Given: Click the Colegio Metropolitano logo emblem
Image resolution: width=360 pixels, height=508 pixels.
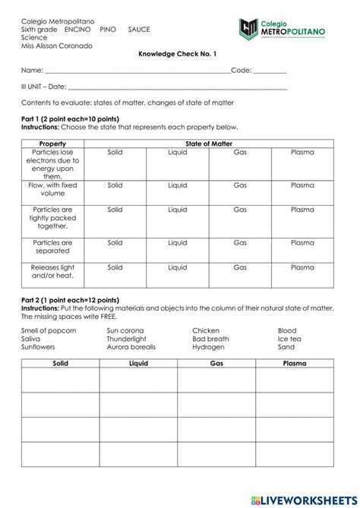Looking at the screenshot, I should click(x=248, y=30).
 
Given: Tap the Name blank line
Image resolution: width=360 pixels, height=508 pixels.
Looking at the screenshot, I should click(x=137, y=72).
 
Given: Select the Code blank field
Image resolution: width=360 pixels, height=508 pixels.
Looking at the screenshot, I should click(x=270, y=72).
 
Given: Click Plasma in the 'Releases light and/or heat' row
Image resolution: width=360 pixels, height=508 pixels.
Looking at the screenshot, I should click(x=302, y=267).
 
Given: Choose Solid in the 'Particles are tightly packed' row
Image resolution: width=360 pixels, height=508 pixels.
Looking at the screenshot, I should click(x=115, y=209).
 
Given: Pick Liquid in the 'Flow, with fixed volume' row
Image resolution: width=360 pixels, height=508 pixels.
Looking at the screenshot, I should click(x=178, y=185).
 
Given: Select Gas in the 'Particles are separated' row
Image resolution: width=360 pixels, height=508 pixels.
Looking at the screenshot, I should click(x=240, y=243).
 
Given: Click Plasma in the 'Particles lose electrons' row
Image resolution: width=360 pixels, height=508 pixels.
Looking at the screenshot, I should click(x=302, y=153).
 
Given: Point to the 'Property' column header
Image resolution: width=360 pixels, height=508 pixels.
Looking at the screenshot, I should click(x=52, y=144).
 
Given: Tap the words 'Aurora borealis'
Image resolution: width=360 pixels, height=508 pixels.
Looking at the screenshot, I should click(x=131, y=346).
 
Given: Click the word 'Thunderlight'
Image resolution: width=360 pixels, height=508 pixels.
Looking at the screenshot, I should click(x=127, y=339).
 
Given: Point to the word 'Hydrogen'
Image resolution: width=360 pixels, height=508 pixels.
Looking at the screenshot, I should click(x=209, y=346).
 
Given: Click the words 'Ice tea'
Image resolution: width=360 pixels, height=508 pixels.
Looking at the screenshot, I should click(x=289, y=339).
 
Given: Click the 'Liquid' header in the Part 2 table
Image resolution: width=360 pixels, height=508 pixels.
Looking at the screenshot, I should click(x=138, y=364).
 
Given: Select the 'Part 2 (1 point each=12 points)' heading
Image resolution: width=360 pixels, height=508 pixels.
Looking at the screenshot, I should click(x=70, y=300).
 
